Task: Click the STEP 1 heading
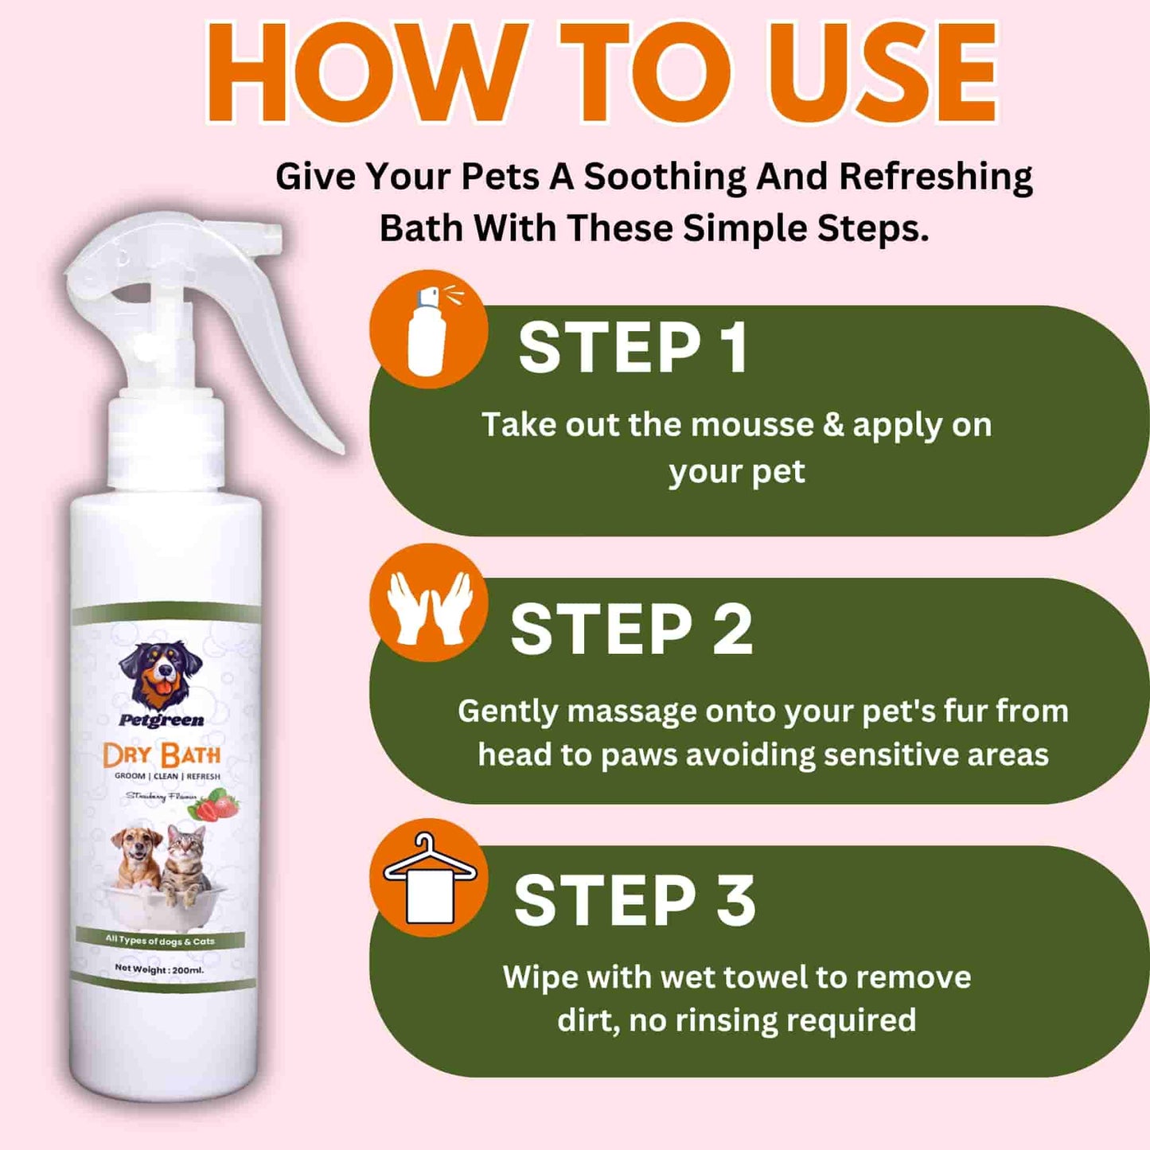pos(633,348)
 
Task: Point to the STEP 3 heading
pos(634,901)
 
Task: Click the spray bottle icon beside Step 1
pos(428,329)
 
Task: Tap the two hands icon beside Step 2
pos(428,605)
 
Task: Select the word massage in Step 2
pos(632,711)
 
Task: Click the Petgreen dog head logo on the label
pos(162,675)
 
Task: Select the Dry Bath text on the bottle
pos(162,754)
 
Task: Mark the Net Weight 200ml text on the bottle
pos(159,969)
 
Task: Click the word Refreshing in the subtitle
pos(936,177)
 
